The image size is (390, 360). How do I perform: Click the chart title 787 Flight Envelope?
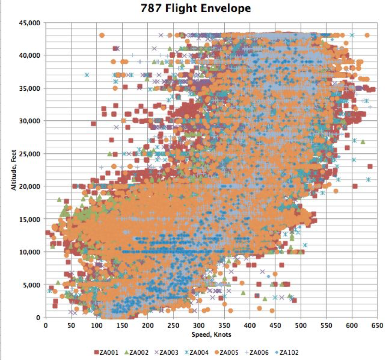[196, 8]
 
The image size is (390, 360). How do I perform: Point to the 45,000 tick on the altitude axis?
[30, 23]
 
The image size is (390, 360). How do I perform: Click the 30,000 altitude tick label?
[30, 121]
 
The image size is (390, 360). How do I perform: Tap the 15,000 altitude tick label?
[30, 219]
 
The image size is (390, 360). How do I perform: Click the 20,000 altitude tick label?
[30, 186]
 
